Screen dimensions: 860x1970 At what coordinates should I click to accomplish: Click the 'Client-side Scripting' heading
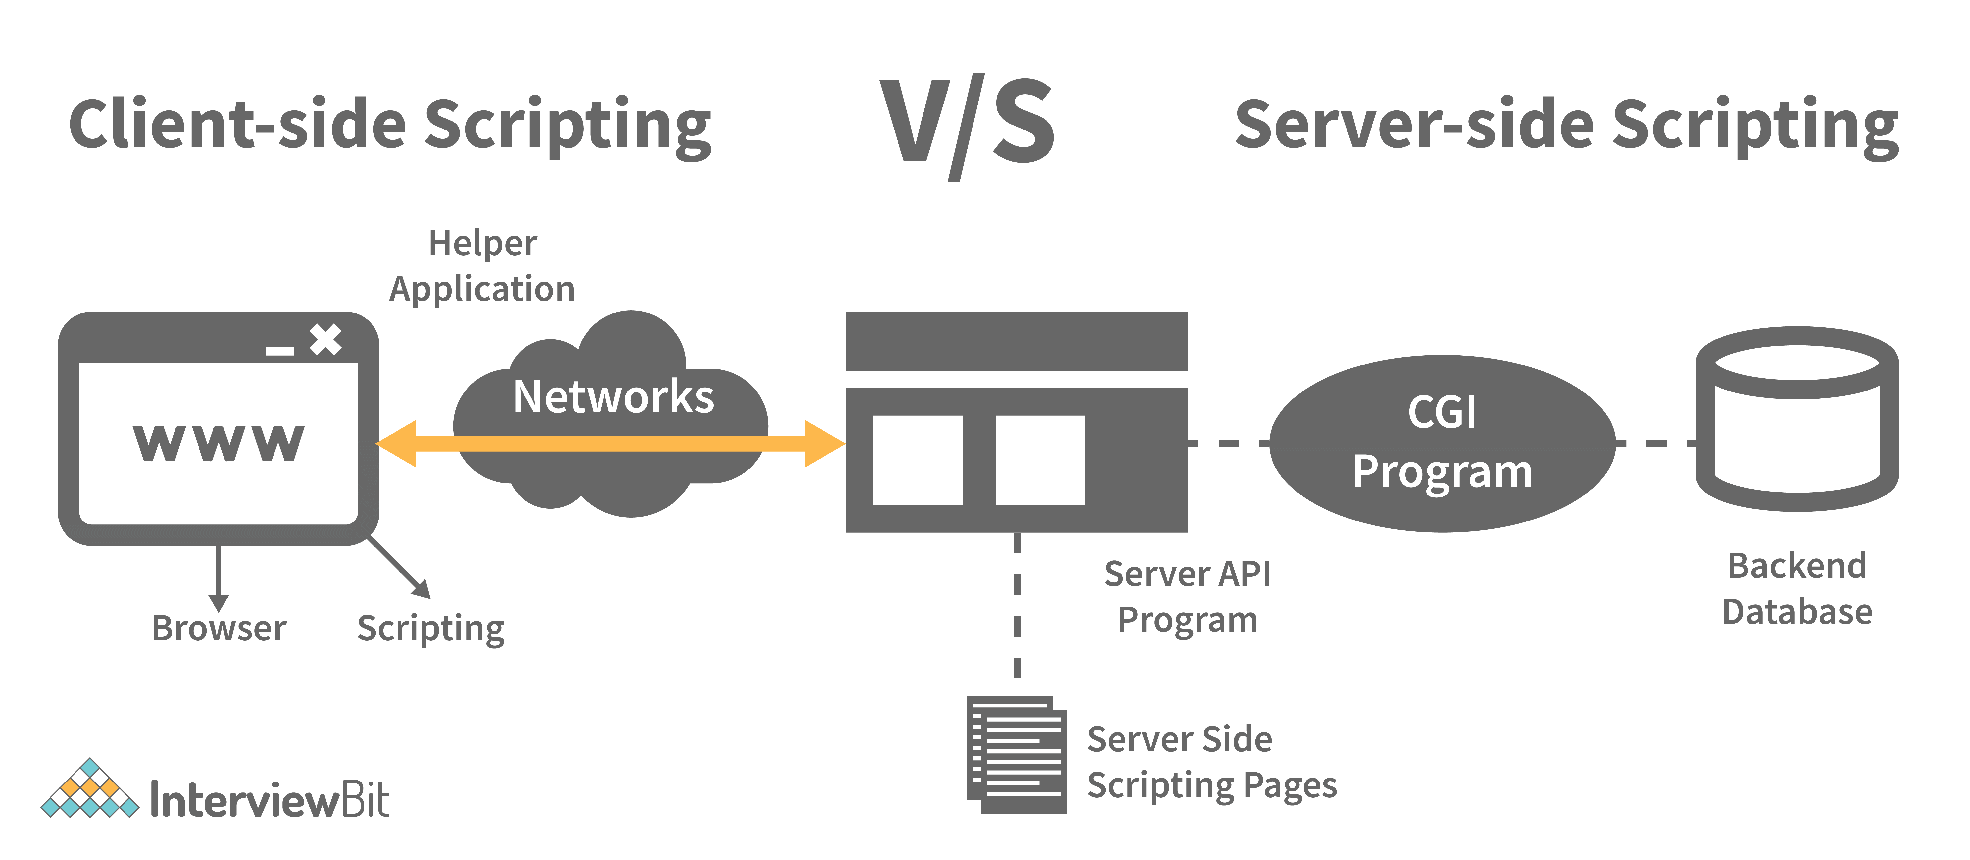click(390, 126)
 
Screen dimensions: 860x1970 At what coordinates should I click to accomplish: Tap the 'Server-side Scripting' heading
click(1566, 126)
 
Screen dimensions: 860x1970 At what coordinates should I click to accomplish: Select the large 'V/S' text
click(967, 126)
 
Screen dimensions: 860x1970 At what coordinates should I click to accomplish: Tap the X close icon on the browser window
click(326, 340)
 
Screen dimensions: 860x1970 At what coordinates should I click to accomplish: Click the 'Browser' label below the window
click(219, 628)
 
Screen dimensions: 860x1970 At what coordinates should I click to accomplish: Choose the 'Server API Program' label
click(1187, 596)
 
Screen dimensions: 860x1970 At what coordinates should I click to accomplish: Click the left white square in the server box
click(917, 460)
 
